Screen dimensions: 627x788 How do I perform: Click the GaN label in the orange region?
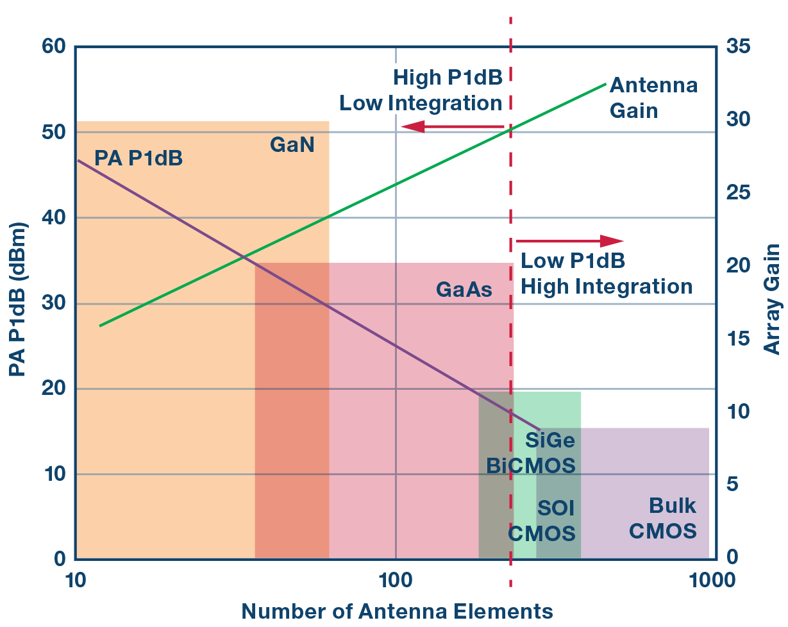tap(292, 146)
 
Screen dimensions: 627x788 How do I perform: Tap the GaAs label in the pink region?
tap(464, 290)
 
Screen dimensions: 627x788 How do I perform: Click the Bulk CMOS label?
tap(663, 519)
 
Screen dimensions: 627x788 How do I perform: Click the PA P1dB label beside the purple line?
tap(138, 158)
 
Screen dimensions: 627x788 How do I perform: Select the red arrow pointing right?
tap(570, 241)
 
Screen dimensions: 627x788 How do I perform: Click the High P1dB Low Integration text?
tap(421, 90)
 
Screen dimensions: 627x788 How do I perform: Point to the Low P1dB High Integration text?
tap(606, 274)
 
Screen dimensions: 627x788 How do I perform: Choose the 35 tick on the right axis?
tap(739, 47)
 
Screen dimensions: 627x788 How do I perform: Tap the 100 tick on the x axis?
tap(396, 581)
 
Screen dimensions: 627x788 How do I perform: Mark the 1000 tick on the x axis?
tap(709, 581)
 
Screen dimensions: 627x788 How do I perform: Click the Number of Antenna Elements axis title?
tap(397, 611)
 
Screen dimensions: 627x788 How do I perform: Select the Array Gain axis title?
tap(773, 299)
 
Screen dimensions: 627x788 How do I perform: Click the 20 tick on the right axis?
tap(739, 266)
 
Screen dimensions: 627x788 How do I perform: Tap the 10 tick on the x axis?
tap(76, 581)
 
